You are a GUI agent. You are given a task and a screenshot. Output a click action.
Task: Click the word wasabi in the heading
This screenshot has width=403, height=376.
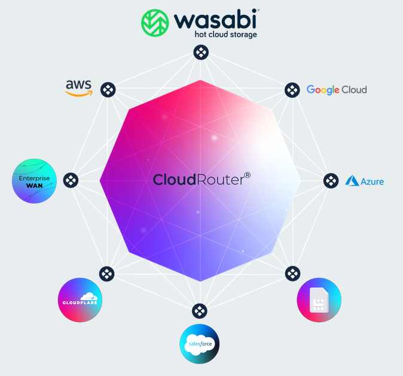point(216,20)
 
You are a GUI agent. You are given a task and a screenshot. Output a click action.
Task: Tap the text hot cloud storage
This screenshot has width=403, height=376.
point(225,35)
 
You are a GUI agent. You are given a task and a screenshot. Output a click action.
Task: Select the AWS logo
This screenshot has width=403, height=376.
point(79,87)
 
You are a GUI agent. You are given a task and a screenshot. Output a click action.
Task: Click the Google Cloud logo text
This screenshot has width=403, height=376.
point(337,90)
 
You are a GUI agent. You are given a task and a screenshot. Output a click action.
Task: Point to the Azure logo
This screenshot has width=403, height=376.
point(364,180)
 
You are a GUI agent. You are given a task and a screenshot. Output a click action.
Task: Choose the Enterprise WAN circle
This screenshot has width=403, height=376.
point(35,181)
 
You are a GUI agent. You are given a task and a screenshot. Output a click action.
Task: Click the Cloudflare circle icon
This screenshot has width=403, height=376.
point(80,300)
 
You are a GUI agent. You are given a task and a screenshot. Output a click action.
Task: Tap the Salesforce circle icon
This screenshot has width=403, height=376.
point(199,344)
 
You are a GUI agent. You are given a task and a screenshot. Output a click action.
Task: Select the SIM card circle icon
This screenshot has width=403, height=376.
point(319,300)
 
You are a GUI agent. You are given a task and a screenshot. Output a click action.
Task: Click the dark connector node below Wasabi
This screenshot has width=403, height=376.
point(200,53)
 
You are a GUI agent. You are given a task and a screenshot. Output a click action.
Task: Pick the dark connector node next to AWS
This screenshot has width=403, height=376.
point(108,90)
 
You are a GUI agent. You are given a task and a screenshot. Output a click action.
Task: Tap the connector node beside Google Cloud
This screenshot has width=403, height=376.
point(292,90)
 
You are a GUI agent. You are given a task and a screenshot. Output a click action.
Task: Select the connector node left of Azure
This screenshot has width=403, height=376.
point(331,180)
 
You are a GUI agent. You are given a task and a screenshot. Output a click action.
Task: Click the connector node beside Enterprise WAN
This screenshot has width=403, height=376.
point(71,180)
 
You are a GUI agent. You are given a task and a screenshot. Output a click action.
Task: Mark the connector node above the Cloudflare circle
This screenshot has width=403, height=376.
point(106,274)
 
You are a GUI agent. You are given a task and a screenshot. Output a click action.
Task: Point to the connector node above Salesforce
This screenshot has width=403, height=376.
point(199,311)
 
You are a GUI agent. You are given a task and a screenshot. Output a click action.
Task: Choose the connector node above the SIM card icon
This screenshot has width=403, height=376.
point(292,274)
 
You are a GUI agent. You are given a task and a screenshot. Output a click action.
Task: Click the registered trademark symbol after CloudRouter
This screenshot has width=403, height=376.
point(247,175)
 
